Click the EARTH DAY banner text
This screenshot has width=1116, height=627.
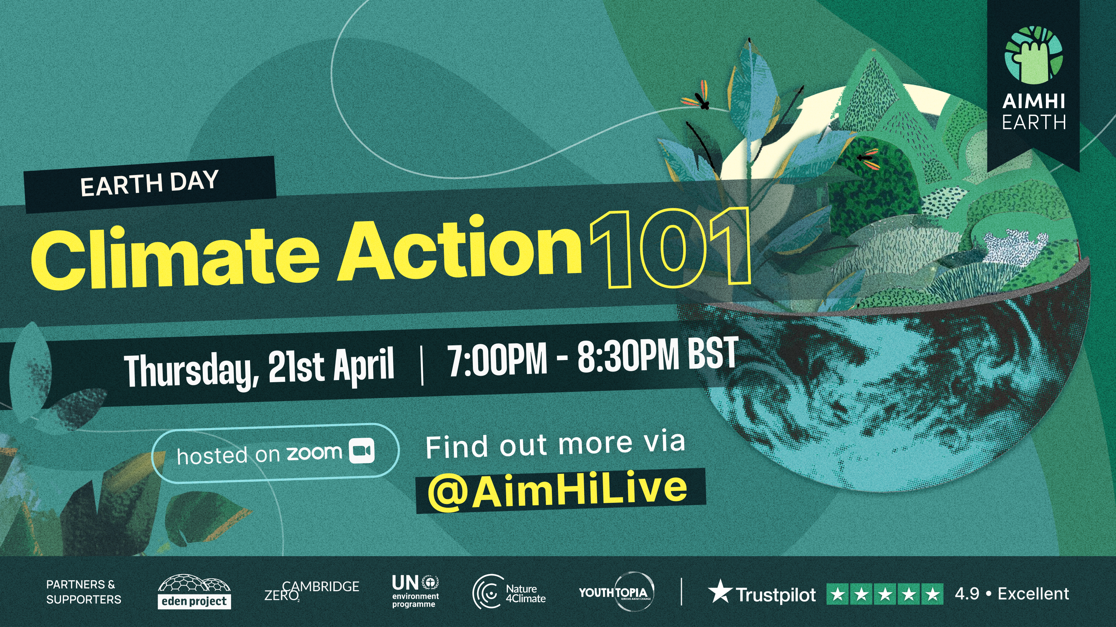149,183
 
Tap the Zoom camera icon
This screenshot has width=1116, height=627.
362,451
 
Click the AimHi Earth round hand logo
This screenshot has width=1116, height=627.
1033,55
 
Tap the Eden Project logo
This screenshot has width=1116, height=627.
194,592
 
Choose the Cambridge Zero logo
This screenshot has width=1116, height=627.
312,592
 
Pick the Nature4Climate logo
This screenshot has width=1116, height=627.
509,593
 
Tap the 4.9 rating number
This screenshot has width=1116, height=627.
967,594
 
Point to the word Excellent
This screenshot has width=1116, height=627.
1033,594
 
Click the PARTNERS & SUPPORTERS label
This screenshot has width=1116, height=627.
84,592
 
